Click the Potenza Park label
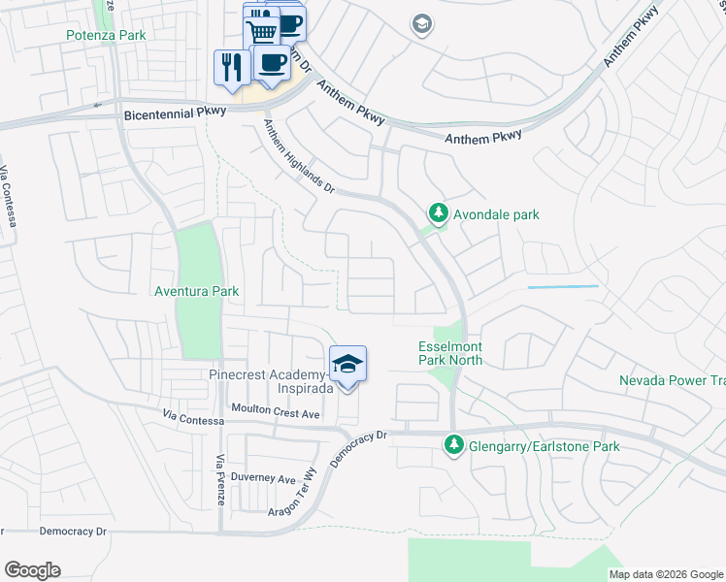(x=104, y=35)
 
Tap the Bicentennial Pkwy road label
(x=176, y=113)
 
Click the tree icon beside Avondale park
(x=439, y=213)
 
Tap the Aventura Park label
(x=196, y=291)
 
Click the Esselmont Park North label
(x=449, y=353)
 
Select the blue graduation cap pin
(x=348, y=366)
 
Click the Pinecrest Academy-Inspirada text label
(x=271, y=381)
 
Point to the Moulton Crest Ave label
(x=275, y=412)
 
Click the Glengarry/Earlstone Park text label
(x=543, y=447)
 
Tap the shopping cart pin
(x=260, y=32)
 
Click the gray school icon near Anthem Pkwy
(x=421, y=23)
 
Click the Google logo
(x=32, y=570)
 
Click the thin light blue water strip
(x=563, y=287)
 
